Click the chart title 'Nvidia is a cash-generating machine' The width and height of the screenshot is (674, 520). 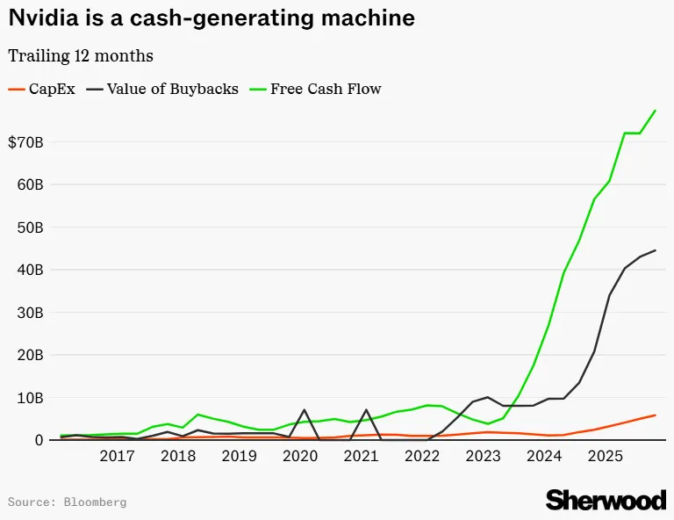212,18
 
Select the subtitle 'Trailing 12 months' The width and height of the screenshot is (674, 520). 81,56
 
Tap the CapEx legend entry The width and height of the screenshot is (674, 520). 42,89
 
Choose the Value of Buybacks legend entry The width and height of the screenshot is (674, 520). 162,89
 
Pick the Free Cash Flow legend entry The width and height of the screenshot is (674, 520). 316,89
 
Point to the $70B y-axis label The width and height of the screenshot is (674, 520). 25,142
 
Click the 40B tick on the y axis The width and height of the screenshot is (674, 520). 30,270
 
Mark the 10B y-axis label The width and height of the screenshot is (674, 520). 30,398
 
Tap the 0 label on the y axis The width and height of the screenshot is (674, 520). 39,440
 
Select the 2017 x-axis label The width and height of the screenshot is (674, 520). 117,456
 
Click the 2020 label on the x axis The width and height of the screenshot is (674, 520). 300,456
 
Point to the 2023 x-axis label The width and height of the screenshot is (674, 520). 484,456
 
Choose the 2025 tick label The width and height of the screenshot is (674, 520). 606,456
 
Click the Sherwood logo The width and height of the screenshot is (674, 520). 606,500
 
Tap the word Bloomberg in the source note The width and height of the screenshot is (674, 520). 95,502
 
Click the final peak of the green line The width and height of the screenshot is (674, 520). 655,111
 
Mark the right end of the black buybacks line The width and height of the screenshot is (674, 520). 655,249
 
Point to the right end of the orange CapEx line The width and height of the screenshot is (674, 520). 655,415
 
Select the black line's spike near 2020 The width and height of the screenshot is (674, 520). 305,410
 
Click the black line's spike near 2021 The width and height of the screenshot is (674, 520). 366,410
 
